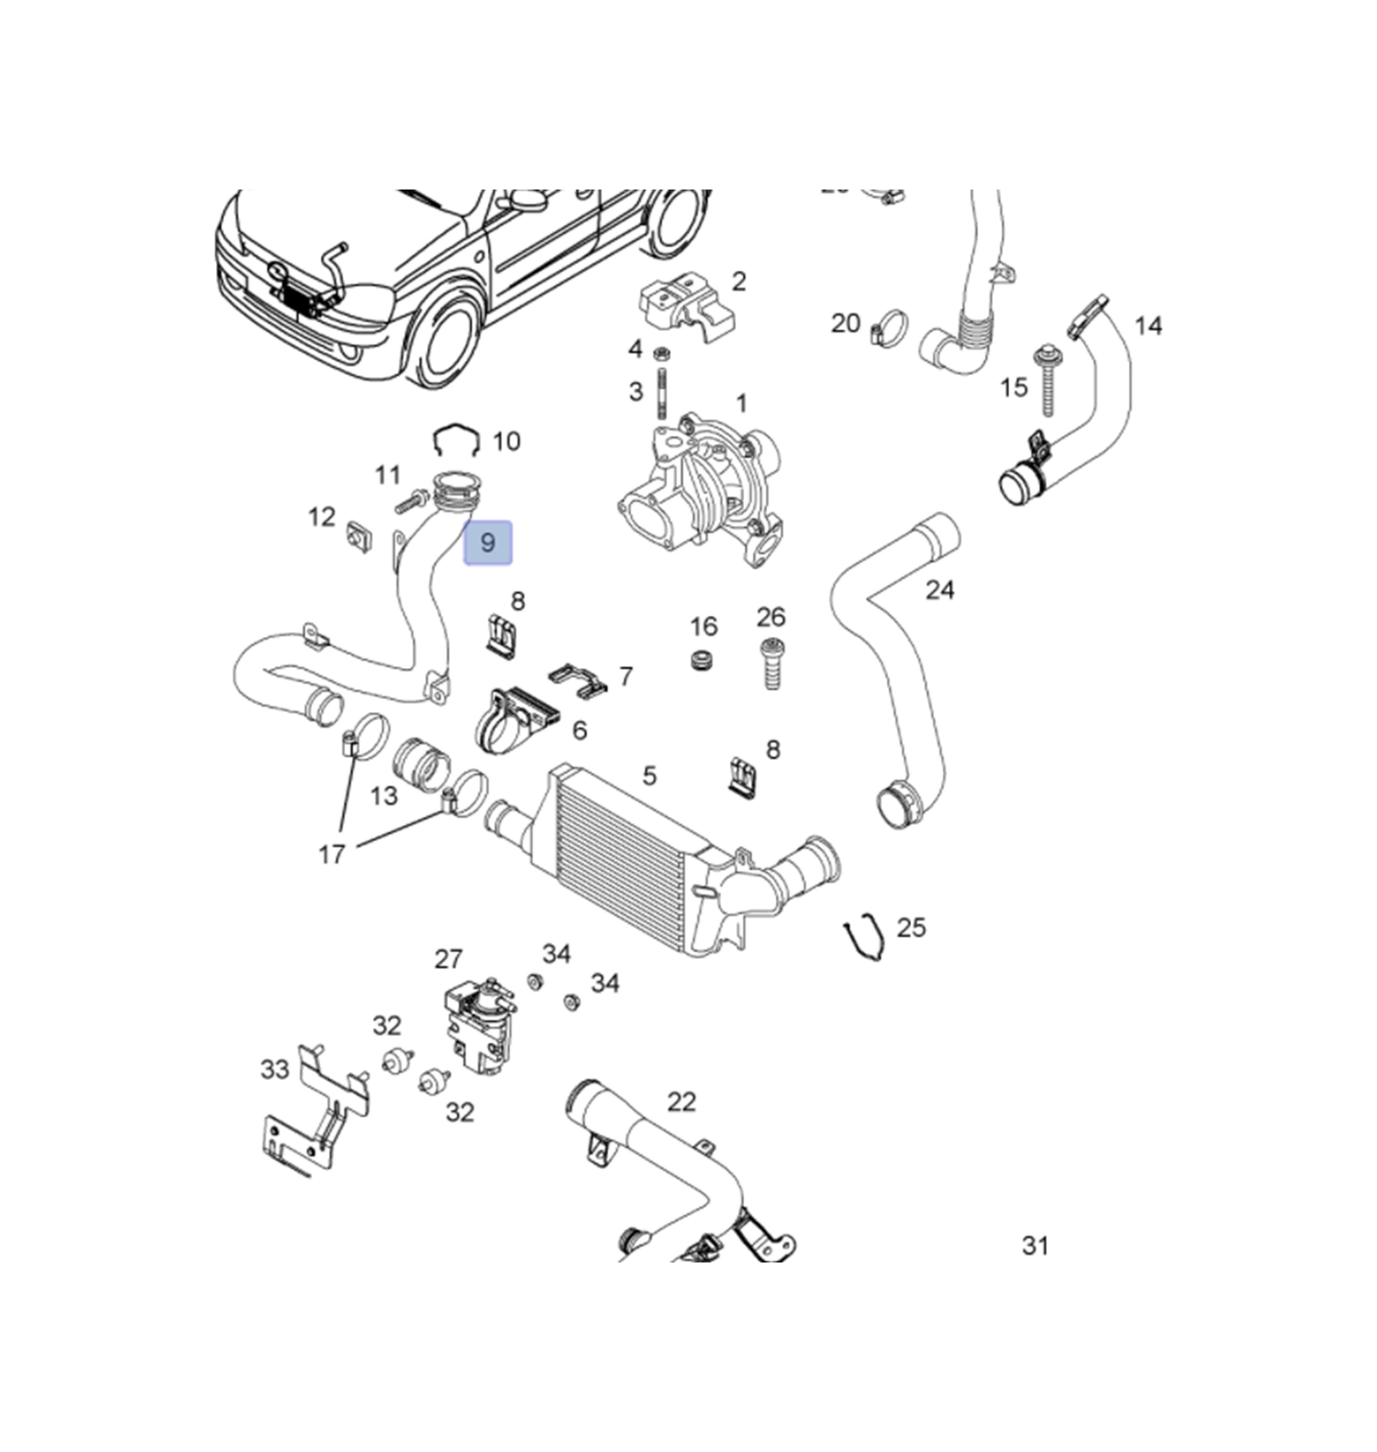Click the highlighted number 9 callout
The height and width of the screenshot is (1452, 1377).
tap(488, 543)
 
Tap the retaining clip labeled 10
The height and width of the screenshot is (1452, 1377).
tap(457, 441)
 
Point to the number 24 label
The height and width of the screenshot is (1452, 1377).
tap(939, 590)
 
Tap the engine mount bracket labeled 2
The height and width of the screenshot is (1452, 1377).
tap(686, 305)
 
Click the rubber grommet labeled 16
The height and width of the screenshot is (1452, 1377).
tap(703, 659)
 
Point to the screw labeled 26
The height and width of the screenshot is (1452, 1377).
tap(770, 663)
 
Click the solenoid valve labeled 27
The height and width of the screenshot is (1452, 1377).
tap(476, 1025)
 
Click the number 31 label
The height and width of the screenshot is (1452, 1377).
tap(1035, 1245)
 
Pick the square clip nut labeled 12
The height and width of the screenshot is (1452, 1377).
tap(358, 537)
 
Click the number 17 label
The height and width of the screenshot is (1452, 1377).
tap(332, 854)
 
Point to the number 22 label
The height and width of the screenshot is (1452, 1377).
tap(682, 1102)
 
